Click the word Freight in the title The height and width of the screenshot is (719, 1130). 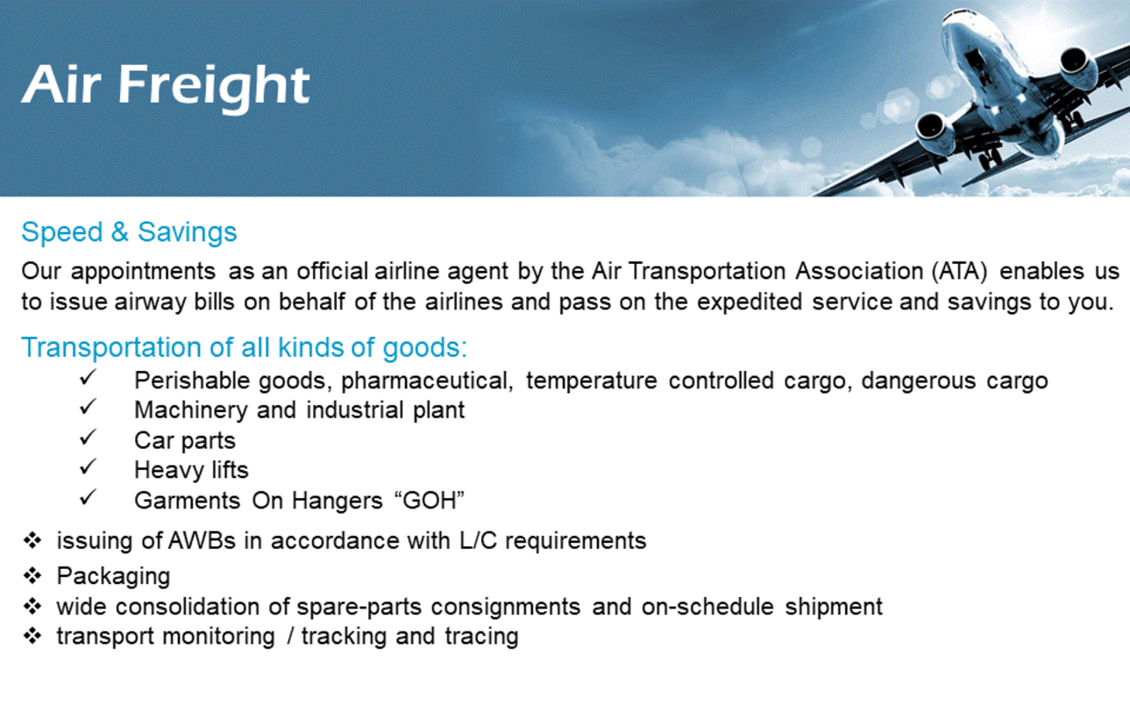pyautogui.click(x=214, y=87)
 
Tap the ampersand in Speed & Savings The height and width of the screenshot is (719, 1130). pyautogui.click(x=119, y=231)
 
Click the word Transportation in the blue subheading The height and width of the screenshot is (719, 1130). pyautogui.click(x=111, y=347)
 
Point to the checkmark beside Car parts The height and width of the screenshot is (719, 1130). pyautogui.click(x=88, y=437)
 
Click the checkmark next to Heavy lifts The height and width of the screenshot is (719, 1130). pyautogui.click(x=88, y=466)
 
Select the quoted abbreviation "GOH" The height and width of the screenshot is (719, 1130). pyautogui.click(x=429, y=501)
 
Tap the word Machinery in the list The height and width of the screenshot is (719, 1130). pyautogui.click(x=191, y=410)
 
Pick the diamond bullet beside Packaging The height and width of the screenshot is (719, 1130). pyautogui.click(x=32, y=576)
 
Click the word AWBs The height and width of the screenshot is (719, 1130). pyautogui.click(x=202, y=541)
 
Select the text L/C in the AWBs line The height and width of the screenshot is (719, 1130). pyautogui.click(x=479, y=541)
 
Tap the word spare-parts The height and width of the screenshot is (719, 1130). pyautogui.click(x=359, y=607)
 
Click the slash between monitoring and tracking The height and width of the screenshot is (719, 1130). pyautogui.click(x=290, y=637)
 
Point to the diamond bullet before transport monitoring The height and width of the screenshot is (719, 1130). pyautogui.click(x=32, y=636)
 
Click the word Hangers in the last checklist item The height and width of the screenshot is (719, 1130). pyautogui.click(x=337, y=501)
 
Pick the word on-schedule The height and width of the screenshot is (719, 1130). pyautogui.click(x=707, y=607)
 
